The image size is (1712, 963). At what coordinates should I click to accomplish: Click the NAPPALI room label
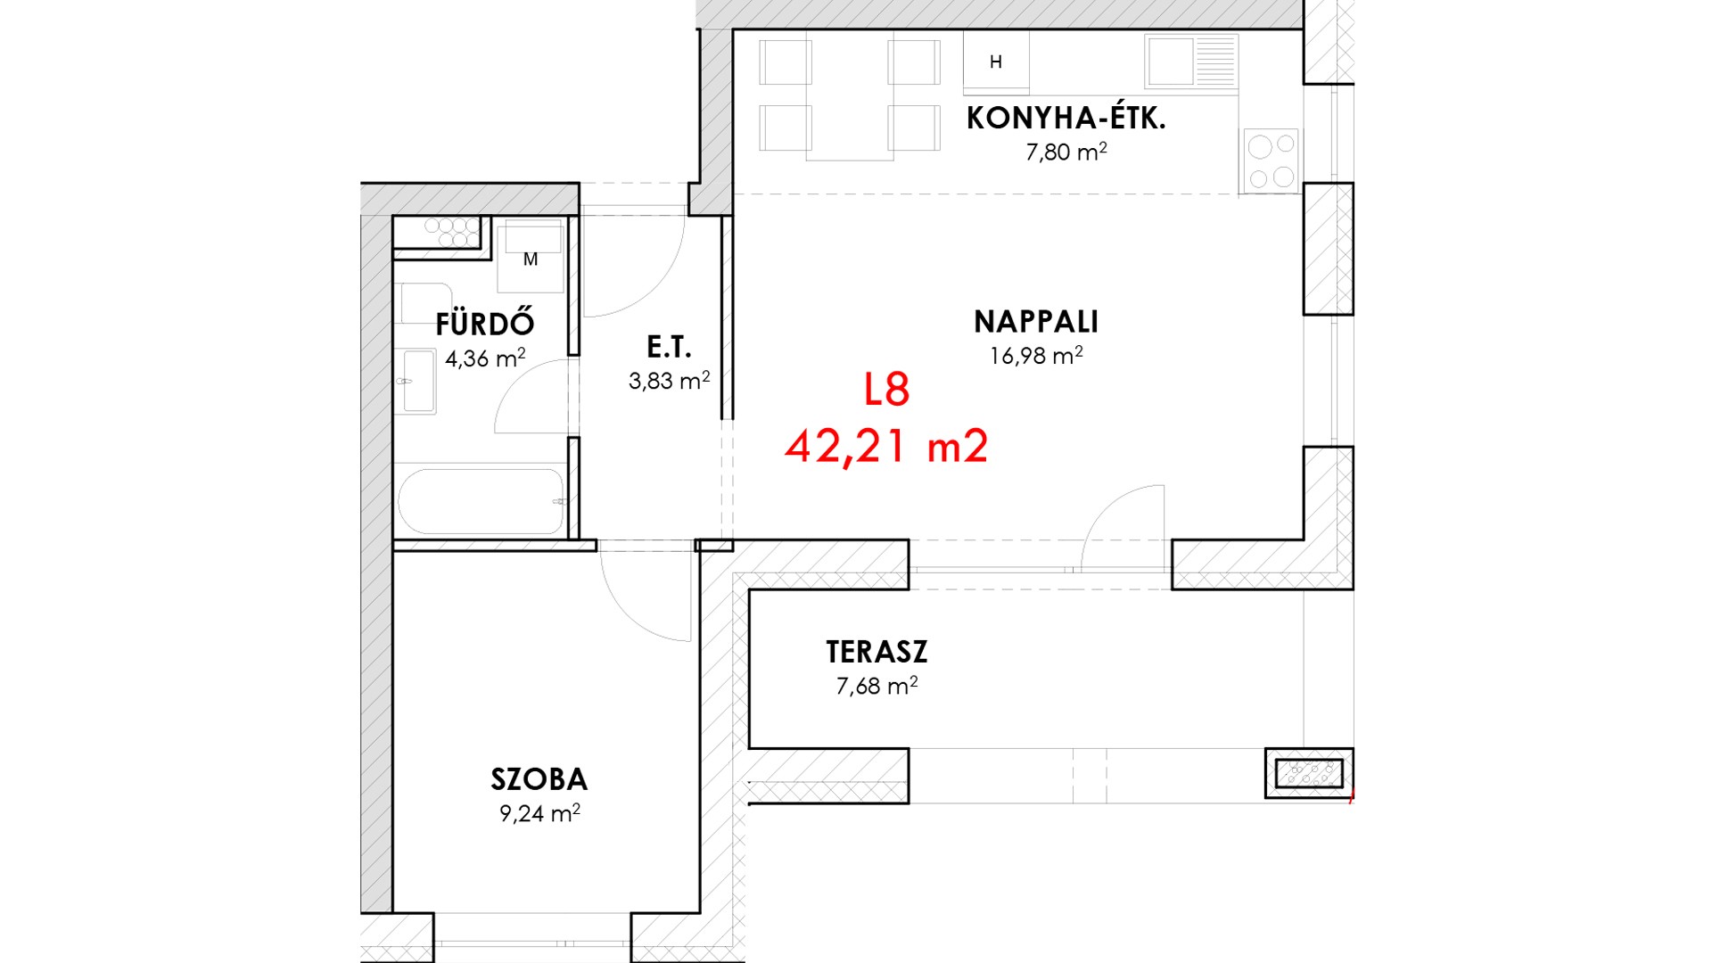pyautogui.click(x=1036, y=321)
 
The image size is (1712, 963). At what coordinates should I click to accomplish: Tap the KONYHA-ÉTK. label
pyautogui.click(x=1066, y=118)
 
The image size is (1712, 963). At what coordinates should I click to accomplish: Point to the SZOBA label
pyautogui.click(x=539, y=779)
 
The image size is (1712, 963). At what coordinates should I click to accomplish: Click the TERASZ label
pyautogui.click(x=877, y=652)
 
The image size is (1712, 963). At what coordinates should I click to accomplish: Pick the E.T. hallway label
pyautogui.click(x=669, y=346)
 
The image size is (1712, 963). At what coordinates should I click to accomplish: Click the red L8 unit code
pyautogui.click(x=886, y=390)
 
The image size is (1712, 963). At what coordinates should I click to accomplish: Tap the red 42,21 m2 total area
pyautogui.click(x=886, y=446)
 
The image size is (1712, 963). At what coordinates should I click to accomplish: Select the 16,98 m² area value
pyautogui.click(x=1036, y=356)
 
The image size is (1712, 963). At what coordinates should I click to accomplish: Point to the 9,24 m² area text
pyautogui.click(x=539, y=813)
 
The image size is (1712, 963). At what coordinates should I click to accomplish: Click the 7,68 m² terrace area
pyautogui.click(x=877, y=686)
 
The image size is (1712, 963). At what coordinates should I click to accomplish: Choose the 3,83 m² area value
pyautogui.click(x=669, y=381)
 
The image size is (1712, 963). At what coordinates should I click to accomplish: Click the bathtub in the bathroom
pyautogui.click(x=481, y=501)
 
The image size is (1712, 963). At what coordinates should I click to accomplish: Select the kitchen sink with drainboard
pyautogui.click(x=1191, y=62)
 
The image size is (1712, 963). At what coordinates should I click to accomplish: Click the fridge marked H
pyautogui.click(x=996, y=62)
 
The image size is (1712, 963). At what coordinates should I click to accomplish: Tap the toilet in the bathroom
pyautogui.click(x=424, y=303)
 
